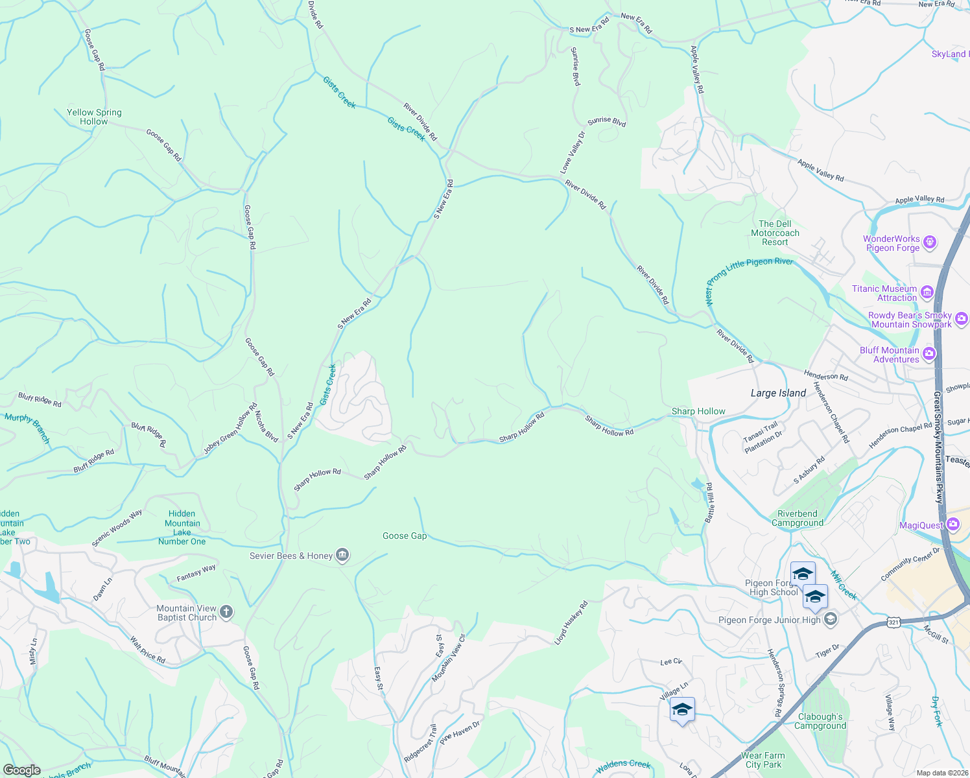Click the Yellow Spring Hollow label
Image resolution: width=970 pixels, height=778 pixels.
pyautogui.click(x=94, y=117)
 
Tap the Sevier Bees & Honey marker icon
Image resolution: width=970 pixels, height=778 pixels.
pyautogui.click(x=343, y=555)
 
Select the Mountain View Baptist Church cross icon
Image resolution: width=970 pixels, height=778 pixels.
pyautogui.click(x=226, y=611)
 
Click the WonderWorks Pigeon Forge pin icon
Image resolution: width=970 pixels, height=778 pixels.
pyautogui.click(x=930, y=242)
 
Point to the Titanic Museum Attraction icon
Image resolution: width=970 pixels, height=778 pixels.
pyautogui.click(x=927, y=292)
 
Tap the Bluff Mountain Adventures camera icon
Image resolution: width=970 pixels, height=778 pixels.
pyautogui.click(x=929, y=353)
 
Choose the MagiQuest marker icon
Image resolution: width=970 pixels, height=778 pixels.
pyautogui.click(x=952, y=524)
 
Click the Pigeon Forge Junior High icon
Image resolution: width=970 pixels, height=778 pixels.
pyautogui.click(x=830, y=620)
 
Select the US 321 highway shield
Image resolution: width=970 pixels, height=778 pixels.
pyautogui.click(x=893, y=622)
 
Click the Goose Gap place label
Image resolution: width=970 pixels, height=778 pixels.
pyautogui.click(x=405, y=536)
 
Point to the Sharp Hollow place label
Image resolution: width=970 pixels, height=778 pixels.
pyautogui.click(x=698, y=411)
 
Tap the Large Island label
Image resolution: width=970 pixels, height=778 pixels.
pyautogui.click(x=778, y=393)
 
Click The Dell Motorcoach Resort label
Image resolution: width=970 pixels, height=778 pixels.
pyautogui.click(x=775, y=233)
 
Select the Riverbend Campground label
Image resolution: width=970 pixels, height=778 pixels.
pyautogui.click(x=798, y=518)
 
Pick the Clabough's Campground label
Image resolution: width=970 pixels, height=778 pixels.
pyautogui.click(x=820, y=721)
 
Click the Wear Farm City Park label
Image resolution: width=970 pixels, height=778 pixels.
pyautogui.click(x=763, y=760)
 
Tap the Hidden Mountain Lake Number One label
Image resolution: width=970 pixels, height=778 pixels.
pyautogui.click(x=182, y=527)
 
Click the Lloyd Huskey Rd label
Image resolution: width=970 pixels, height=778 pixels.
pyautogui.click(x=571, y=623)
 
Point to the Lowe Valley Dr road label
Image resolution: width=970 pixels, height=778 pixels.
pyautogui.click(x=573, y=152)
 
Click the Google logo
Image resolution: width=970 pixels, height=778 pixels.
pyautogui.click(x=22, y=770)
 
